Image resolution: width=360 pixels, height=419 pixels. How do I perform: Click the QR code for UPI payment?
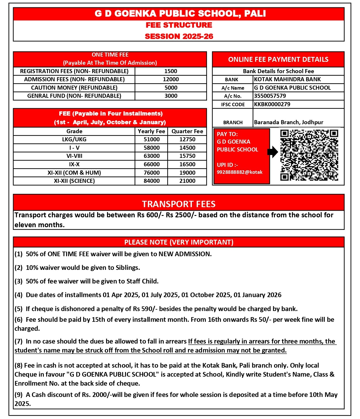click(309, 155)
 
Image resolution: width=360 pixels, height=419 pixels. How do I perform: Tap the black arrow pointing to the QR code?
click(272, 152)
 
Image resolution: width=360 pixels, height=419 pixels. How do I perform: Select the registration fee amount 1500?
click(171, 71)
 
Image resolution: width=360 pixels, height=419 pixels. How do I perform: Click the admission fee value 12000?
click(171, 79)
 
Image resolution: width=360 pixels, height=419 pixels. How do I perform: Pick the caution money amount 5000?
click(171, 88)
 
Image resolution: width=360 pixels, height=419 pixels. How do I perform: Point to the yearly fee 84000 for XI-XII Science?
click(152, 181)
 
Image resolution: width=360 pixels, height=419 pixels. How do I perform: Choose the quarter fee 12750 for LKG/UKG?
click(187, 139)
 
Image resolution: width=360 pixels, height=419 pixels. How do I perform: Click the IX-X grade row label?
click(74, 164)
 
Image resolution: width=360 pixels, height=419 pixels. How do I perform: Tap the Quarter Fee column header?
click(187, 131)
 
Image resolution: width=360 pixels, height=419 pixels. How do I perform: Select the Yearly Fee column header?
click(152, 131)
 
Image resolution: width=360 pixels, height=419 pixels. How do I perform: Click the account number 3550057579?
click(270, 96)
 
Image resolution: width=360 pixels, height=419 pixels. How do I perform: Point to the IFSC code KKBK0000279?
click(272, 104)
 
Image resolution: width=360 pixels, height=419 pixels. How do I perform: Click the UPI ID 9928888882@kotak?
click(240, 172)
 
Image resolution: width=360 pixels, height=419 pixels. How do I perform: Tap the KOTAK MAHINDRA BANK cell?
click(287, 79)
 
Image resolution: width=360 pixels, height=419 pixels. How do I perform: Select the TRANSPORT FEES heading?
click(179, 204)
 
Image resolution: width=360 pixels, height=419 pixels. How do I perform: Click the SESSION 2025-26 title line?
click(179, 36)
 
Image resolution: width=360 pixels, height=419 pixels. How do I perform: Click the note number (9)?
click(19, 395)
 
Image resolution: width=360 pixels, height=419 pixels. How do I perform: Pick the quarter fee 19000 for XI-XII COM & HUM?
click(187, 173)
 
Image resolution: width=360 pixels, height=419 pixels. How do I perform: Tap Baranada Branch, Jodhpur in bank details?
click(289, 122)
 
